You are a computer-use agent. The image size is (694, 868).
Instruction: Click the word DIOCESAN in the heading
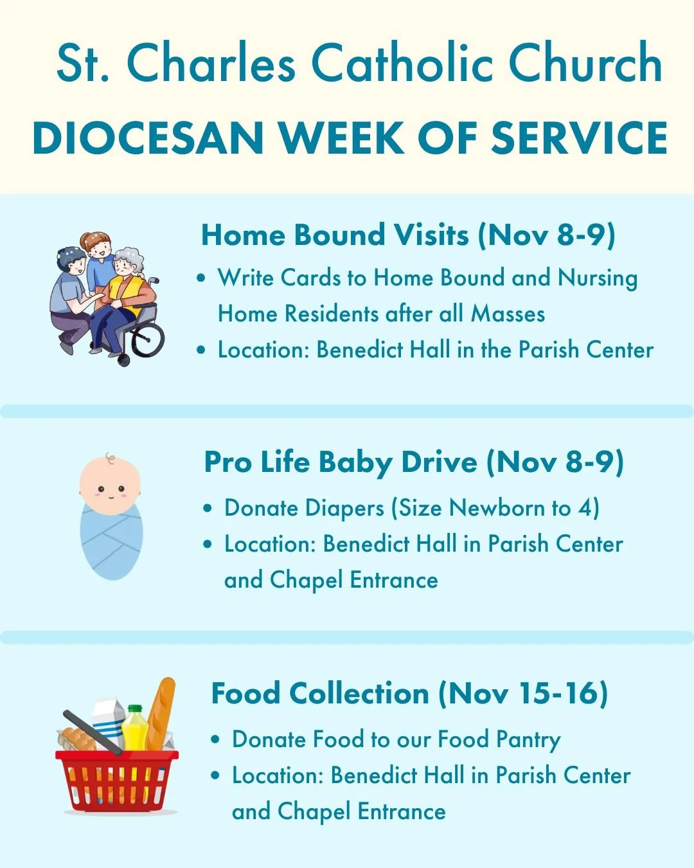(148, 138)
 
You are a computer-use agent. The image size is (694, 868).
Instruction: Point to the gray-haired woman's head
(129, 262)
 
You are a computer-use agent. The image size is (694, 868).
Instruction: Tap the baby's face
(110, 487)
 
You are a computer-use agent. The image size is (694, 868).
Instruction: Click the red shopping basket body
(116, 781)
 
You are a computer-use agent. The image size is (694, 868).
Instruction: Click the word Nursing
(598, 278)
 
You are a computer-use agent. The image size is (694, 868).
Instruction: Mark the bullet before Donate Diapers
(208, 509)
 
